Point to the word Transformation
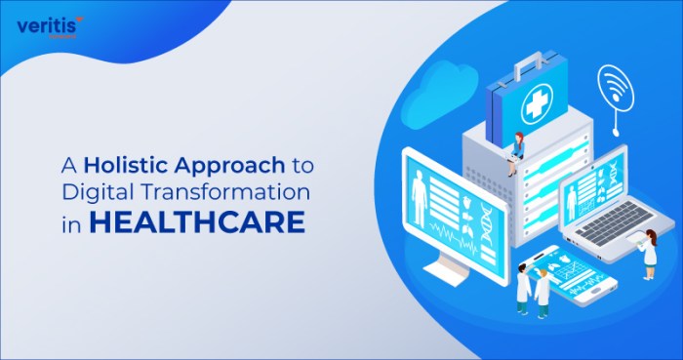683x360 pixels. click(x=234, y=192)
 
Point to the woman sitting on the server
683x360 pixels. click(x=513, y=151)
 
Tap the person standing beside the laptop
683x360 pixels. click(x=649, y=253)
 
